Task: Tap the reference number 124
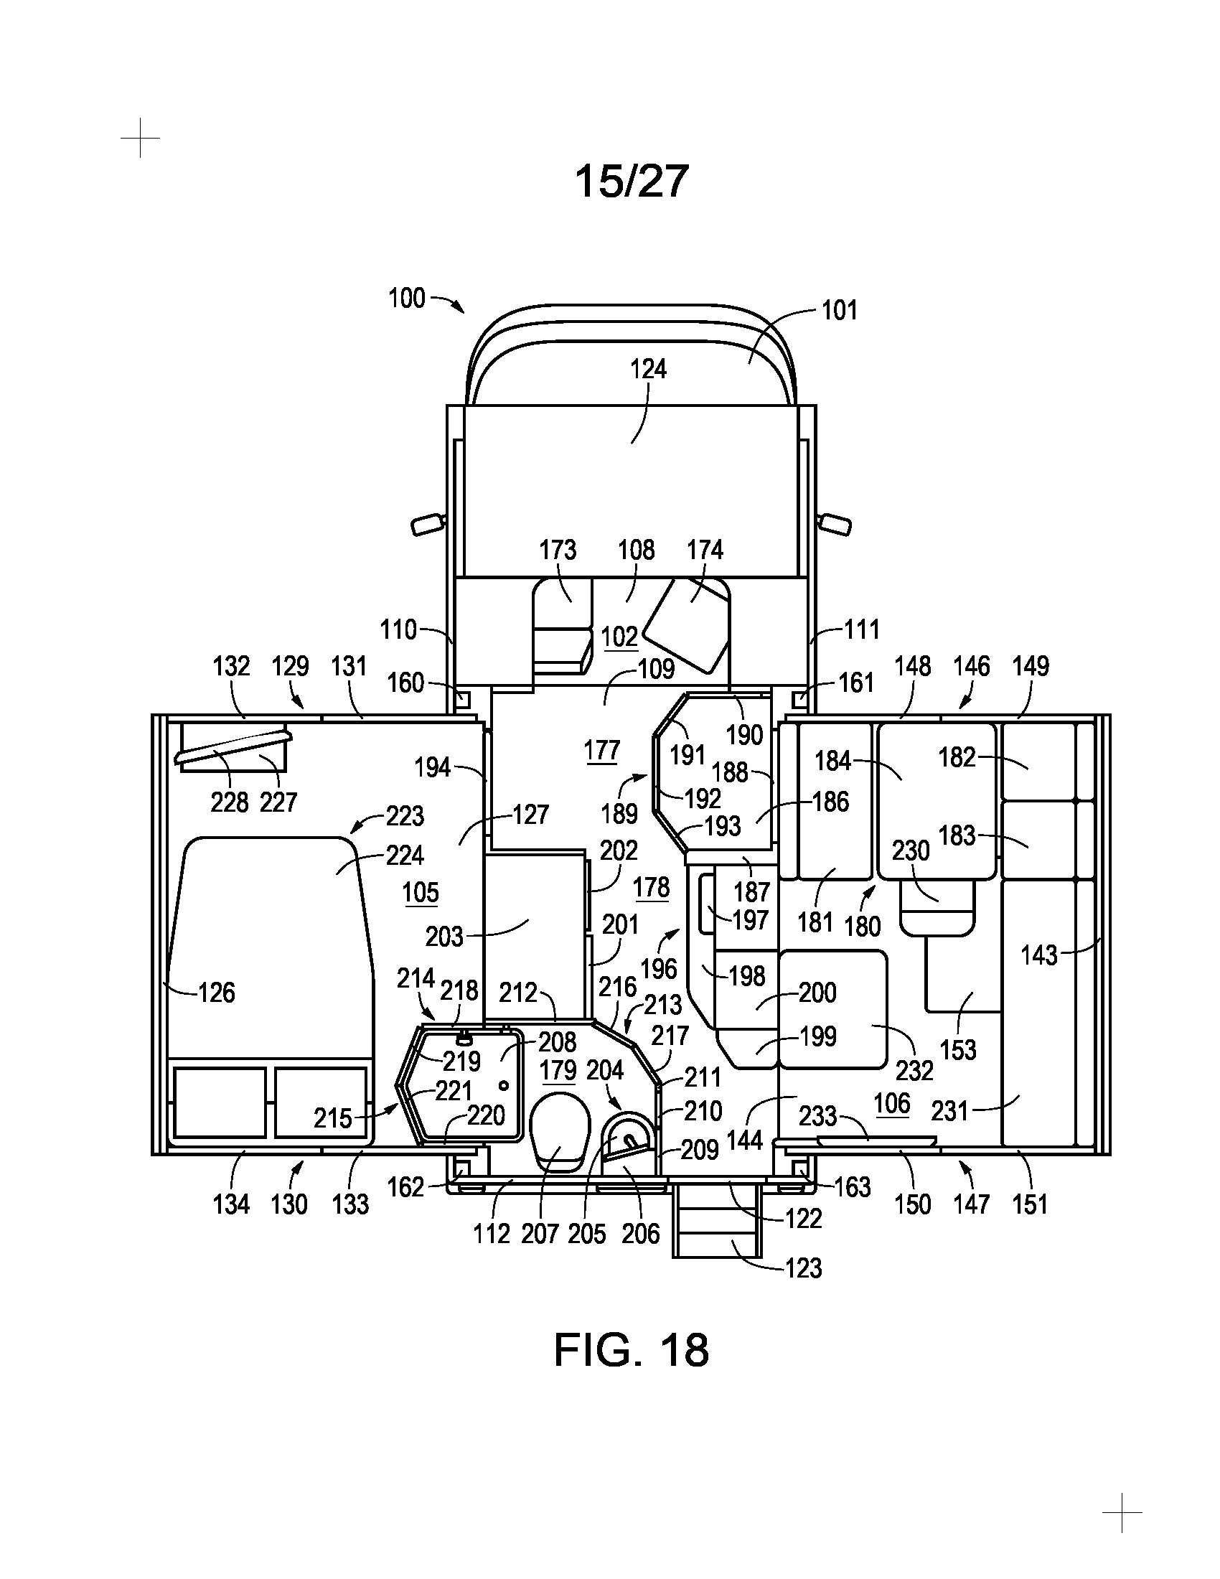647,369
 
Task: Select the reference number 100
407,298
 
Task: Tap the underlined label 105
421,893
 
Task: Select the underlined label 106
891,1103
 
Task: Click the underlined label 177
602,751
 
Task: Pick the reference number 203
444,937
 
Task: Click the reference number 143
1038,955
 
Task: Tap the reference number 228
229,802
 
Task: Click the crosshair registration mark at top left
140,137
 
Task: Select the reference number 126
217,993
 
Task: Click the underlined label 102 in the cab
619,637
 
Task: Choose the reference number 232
914,1071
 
